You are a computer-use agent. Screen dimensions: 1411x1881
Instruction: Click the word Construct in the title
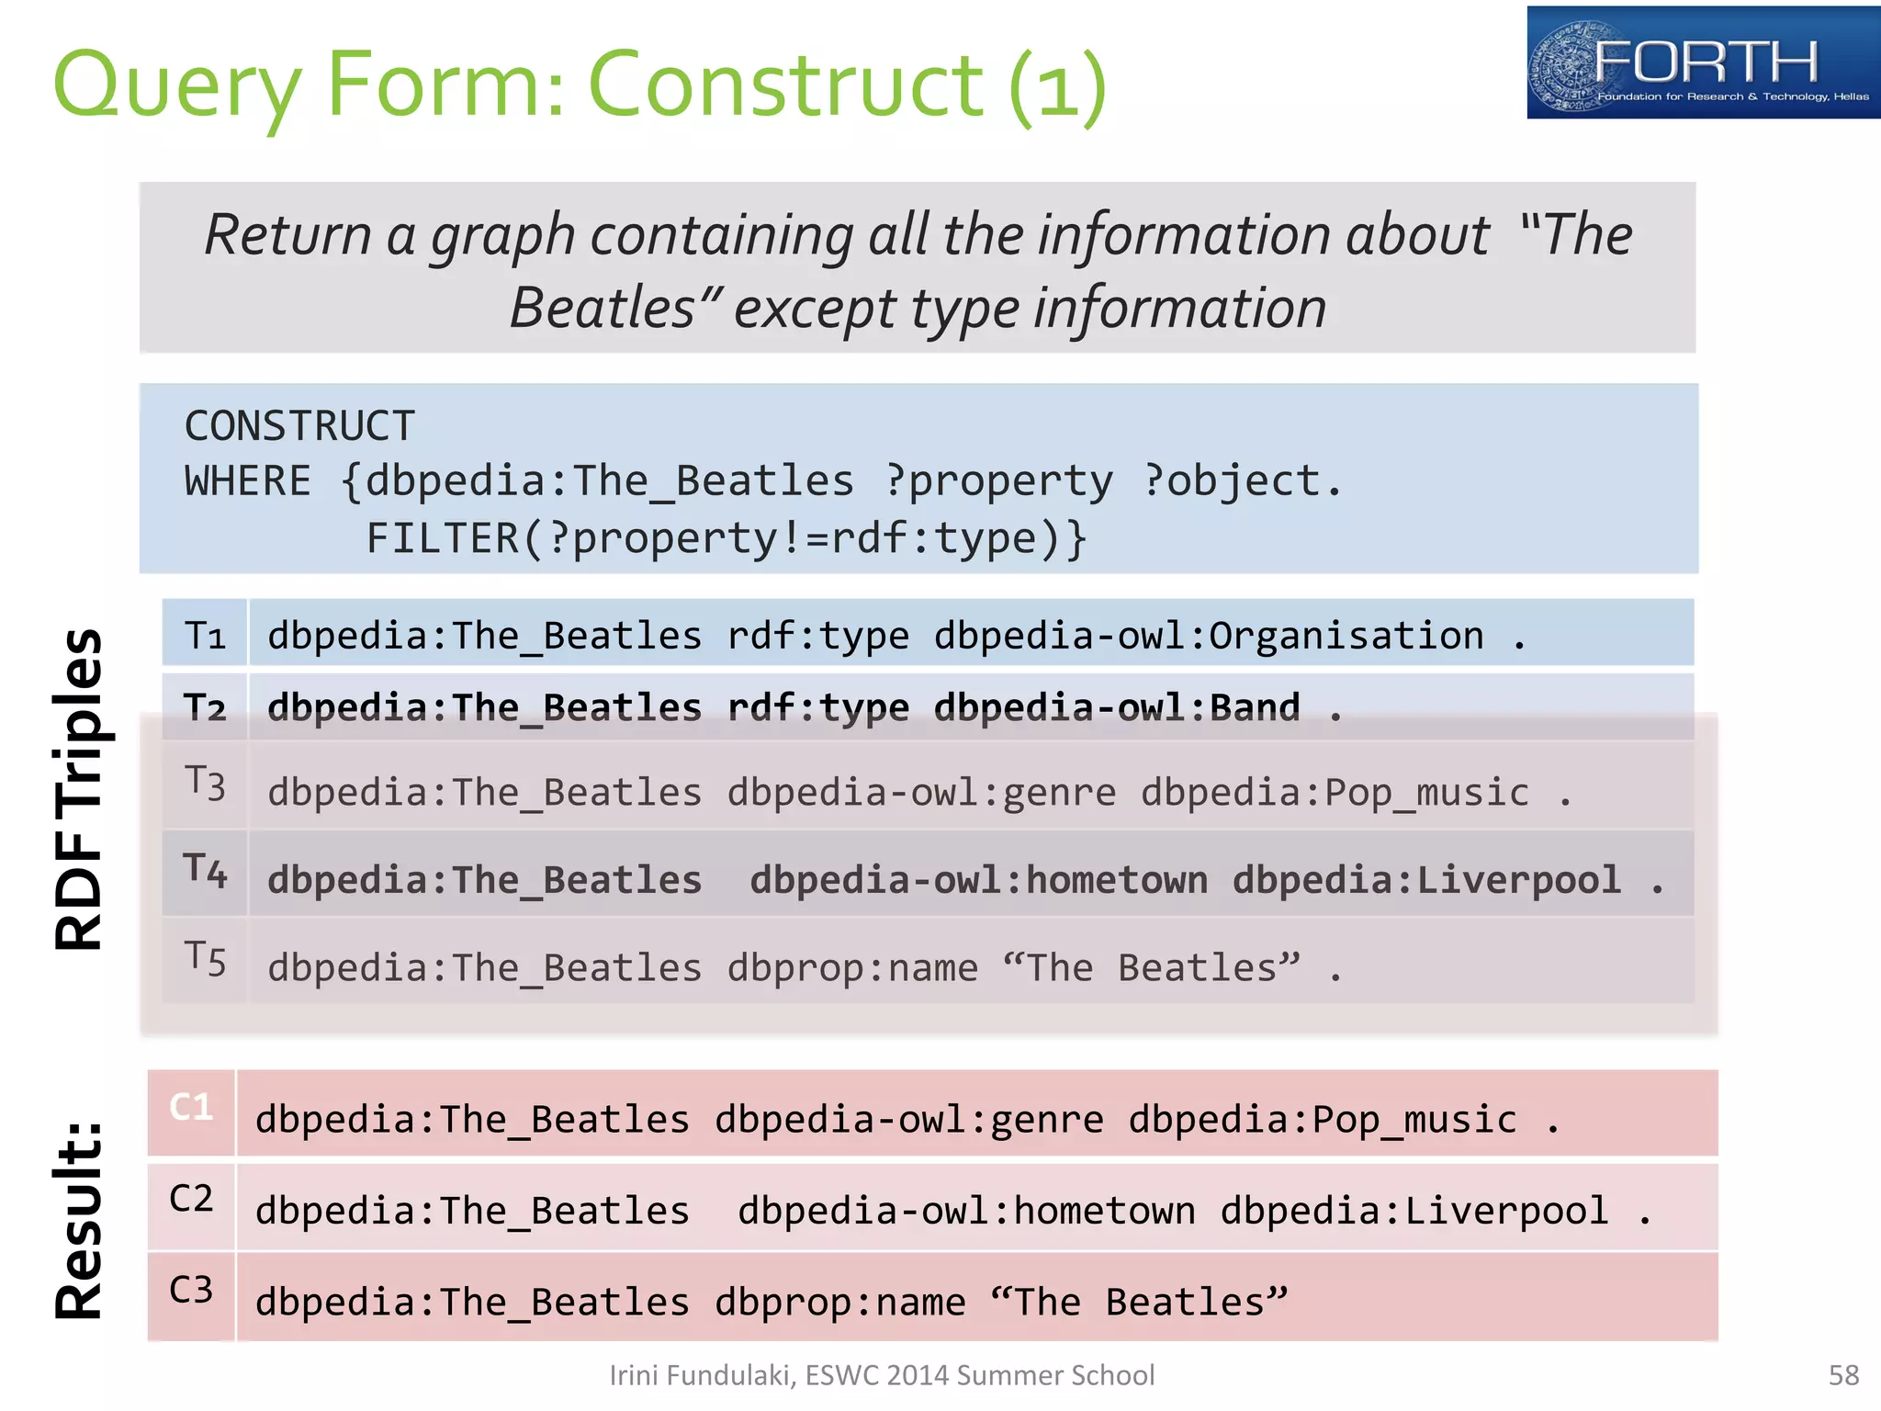tap(785, 85)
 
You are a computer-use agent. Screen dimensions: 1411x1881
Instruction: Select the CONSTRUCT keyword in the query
tap(299, 426)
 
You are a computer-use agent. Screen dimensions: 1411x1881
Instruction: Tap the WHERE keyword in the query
tap(247, 481)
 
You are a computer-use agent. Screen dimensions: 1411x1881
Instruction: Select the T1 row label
tap(205, 636)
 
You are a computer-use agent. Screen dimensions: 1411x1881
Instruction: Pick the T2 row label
tap(205, 708)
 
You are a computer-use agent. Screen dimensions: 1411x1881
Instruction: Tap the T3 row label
tap(205, 784)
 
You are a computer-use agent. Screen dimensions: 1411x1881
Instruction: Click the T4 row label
tap(205, 871)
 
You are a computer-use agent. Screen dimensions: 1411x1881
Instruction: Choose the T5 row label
tap(205, 959)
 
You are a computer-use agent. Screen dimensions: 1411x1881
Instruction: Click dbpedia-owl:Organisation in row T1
tap(1209, 636)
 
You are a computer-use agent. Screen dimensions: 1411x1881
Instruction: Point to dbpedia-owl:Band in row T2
tap(1117, 708)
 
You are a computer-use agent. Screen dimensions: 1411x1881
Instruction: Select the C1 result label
tap(191, 1108)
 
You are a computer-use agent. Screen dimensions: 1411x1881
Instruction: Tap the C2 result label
tap(191, 1199)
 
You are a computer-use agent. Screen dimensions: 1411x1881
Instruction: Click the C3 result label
tap(191, 1290)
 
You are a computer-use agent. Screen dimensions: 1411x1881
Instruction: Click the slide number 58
tap(1843, 1375)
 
